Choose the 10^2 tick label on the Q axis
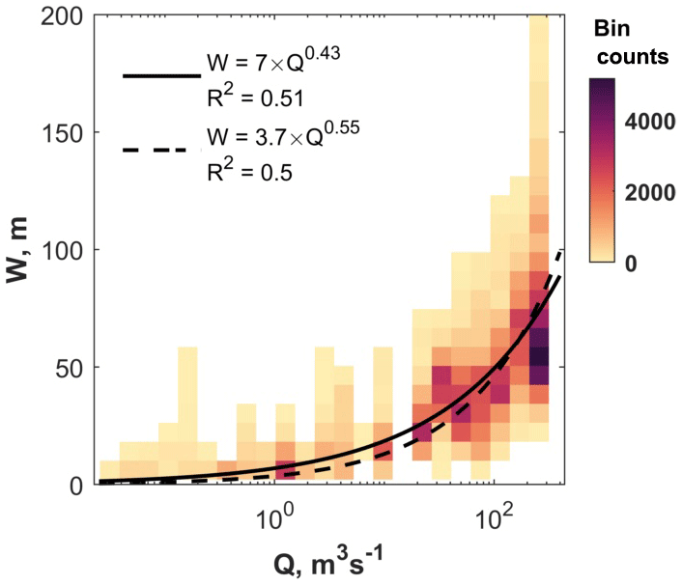tap(496, 510)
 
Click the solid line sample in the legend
tap(160, 73)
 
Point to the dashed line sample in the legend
tap(160, 150)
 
